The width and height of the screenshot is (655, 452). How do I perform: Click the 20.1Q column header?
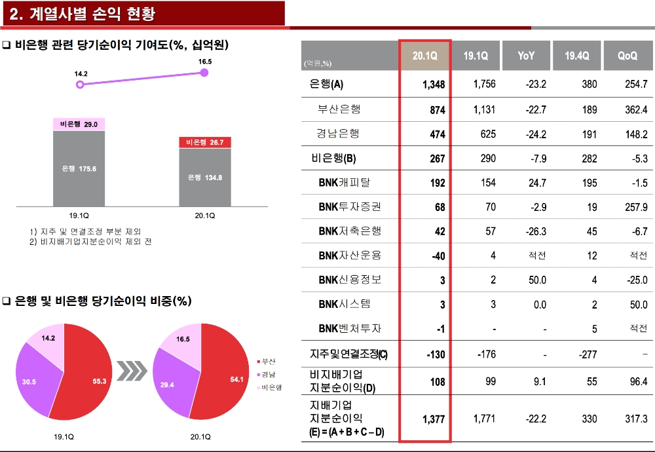point(424,56)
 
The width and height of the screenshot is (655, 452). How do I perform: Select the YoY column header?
point(526,56)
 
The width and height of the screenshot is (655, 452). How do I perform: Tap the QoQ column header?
point(627,56)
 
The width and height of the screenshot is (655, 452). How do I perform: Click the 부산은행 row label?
point(339,109)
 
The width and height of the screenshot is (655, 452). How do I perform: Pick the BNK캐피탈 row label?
point(348,182)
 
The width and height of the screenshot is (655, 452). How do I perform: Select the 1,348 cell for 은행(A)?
point(433,85)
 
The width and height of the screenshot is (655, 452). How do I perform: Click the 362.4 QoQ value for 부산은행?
point(635,109)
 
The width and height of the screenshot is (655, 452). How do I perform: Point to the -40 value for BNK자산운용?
point(438,255)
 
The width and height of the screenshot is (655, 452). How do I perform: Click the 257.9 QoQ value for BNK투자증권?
point(635,207)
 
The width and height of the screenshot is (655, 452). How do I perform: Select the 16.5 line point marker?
point(204,72)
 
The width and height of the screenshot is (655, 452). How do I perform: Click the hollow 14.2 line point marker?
point(80,85)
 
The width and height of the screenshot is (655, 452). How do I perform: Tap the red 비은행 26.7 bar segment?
point(205,142)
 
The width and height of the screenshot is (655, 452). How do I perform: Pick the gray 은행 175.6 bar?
point(79,168)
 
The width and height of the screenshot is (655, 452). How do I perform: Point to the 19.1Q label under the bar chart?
point(79,215)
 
